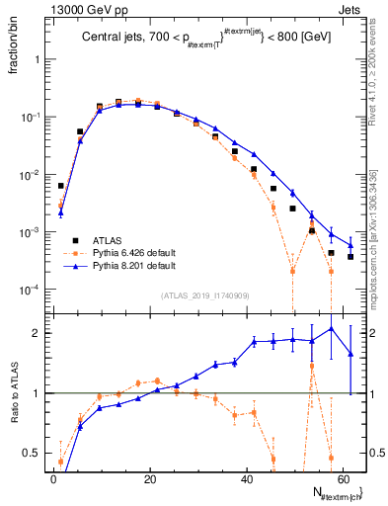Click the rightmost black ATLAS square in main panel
[350, 257]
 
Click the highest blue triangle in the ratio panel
[331, 328]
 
